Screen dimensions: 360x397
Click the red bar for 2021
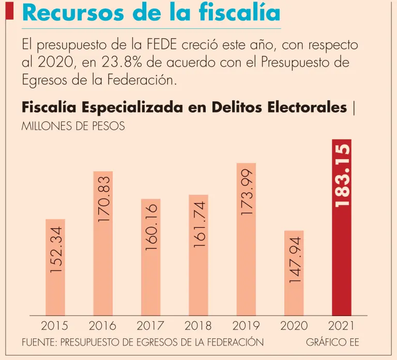[342, 258]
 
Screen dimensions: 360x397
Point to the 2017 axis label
[150, 326]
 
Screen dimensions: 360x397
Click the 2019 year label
[246, 326]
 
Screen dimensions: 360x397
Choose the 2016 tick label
[102, 326]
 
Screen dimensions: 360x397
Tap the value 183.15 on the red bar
[342, 176]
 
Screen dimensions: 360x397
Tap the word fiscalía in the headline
[245, 13]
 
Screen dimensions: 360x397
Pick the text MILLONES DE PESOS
[73, 126]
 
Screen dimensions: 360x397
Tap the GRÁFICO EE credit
[332, 342]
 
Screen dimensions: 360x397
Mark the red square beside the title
[9, 11]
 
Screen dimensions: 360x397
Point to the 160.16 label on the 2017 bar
[151, 227]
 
